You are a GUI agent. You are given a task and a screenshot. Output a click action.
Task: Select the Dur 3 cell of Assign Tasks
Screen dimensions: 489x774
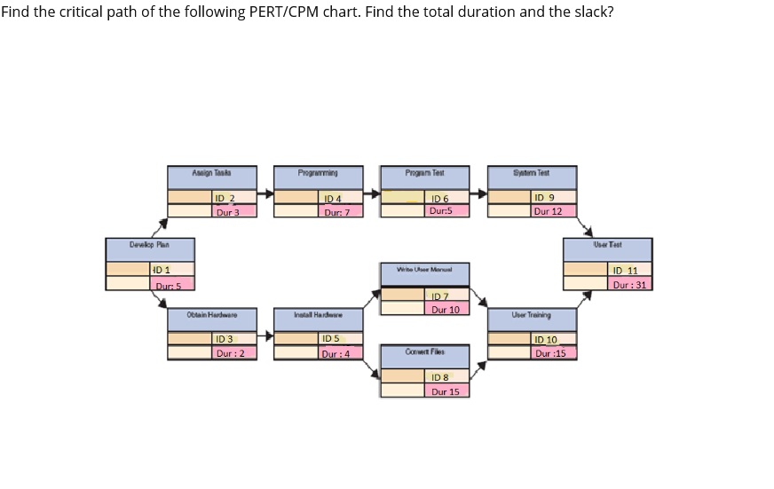coord(234,211)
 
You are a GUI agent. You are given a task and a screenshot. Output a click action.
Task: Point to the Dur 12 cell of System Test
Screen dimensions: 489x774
coord(554,211)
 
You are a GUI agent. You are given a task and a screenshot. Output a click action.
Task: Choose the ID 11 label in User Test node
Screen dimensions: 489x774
coord(630,271)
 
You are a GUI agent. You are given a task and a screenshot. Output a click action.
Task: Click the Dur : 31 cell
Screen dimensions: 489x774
coord(630,285)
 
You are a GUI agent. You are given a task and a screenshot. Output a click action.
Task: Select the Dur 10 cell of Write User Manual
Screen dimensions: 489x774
coord(446,309)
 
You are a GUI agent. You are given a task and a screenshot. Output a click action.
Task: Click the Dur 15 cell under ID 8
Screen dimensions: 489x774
coord(446,390)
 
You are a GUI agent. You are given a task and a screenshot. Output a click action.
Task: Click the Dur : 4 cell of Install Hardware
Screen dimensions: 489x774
coord(340,352)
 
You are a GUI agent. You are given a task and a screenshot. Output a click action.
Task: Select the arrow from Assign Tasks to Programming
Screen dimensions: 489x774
coord(265,191)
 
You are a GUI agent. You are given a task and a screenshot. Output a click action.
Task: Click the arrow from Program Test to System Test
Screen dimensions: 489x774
coord(478,191)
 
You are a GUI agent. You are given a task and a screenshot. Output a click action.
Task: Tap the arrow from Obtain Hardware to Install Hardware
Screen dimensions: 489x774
coord(265,336)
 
